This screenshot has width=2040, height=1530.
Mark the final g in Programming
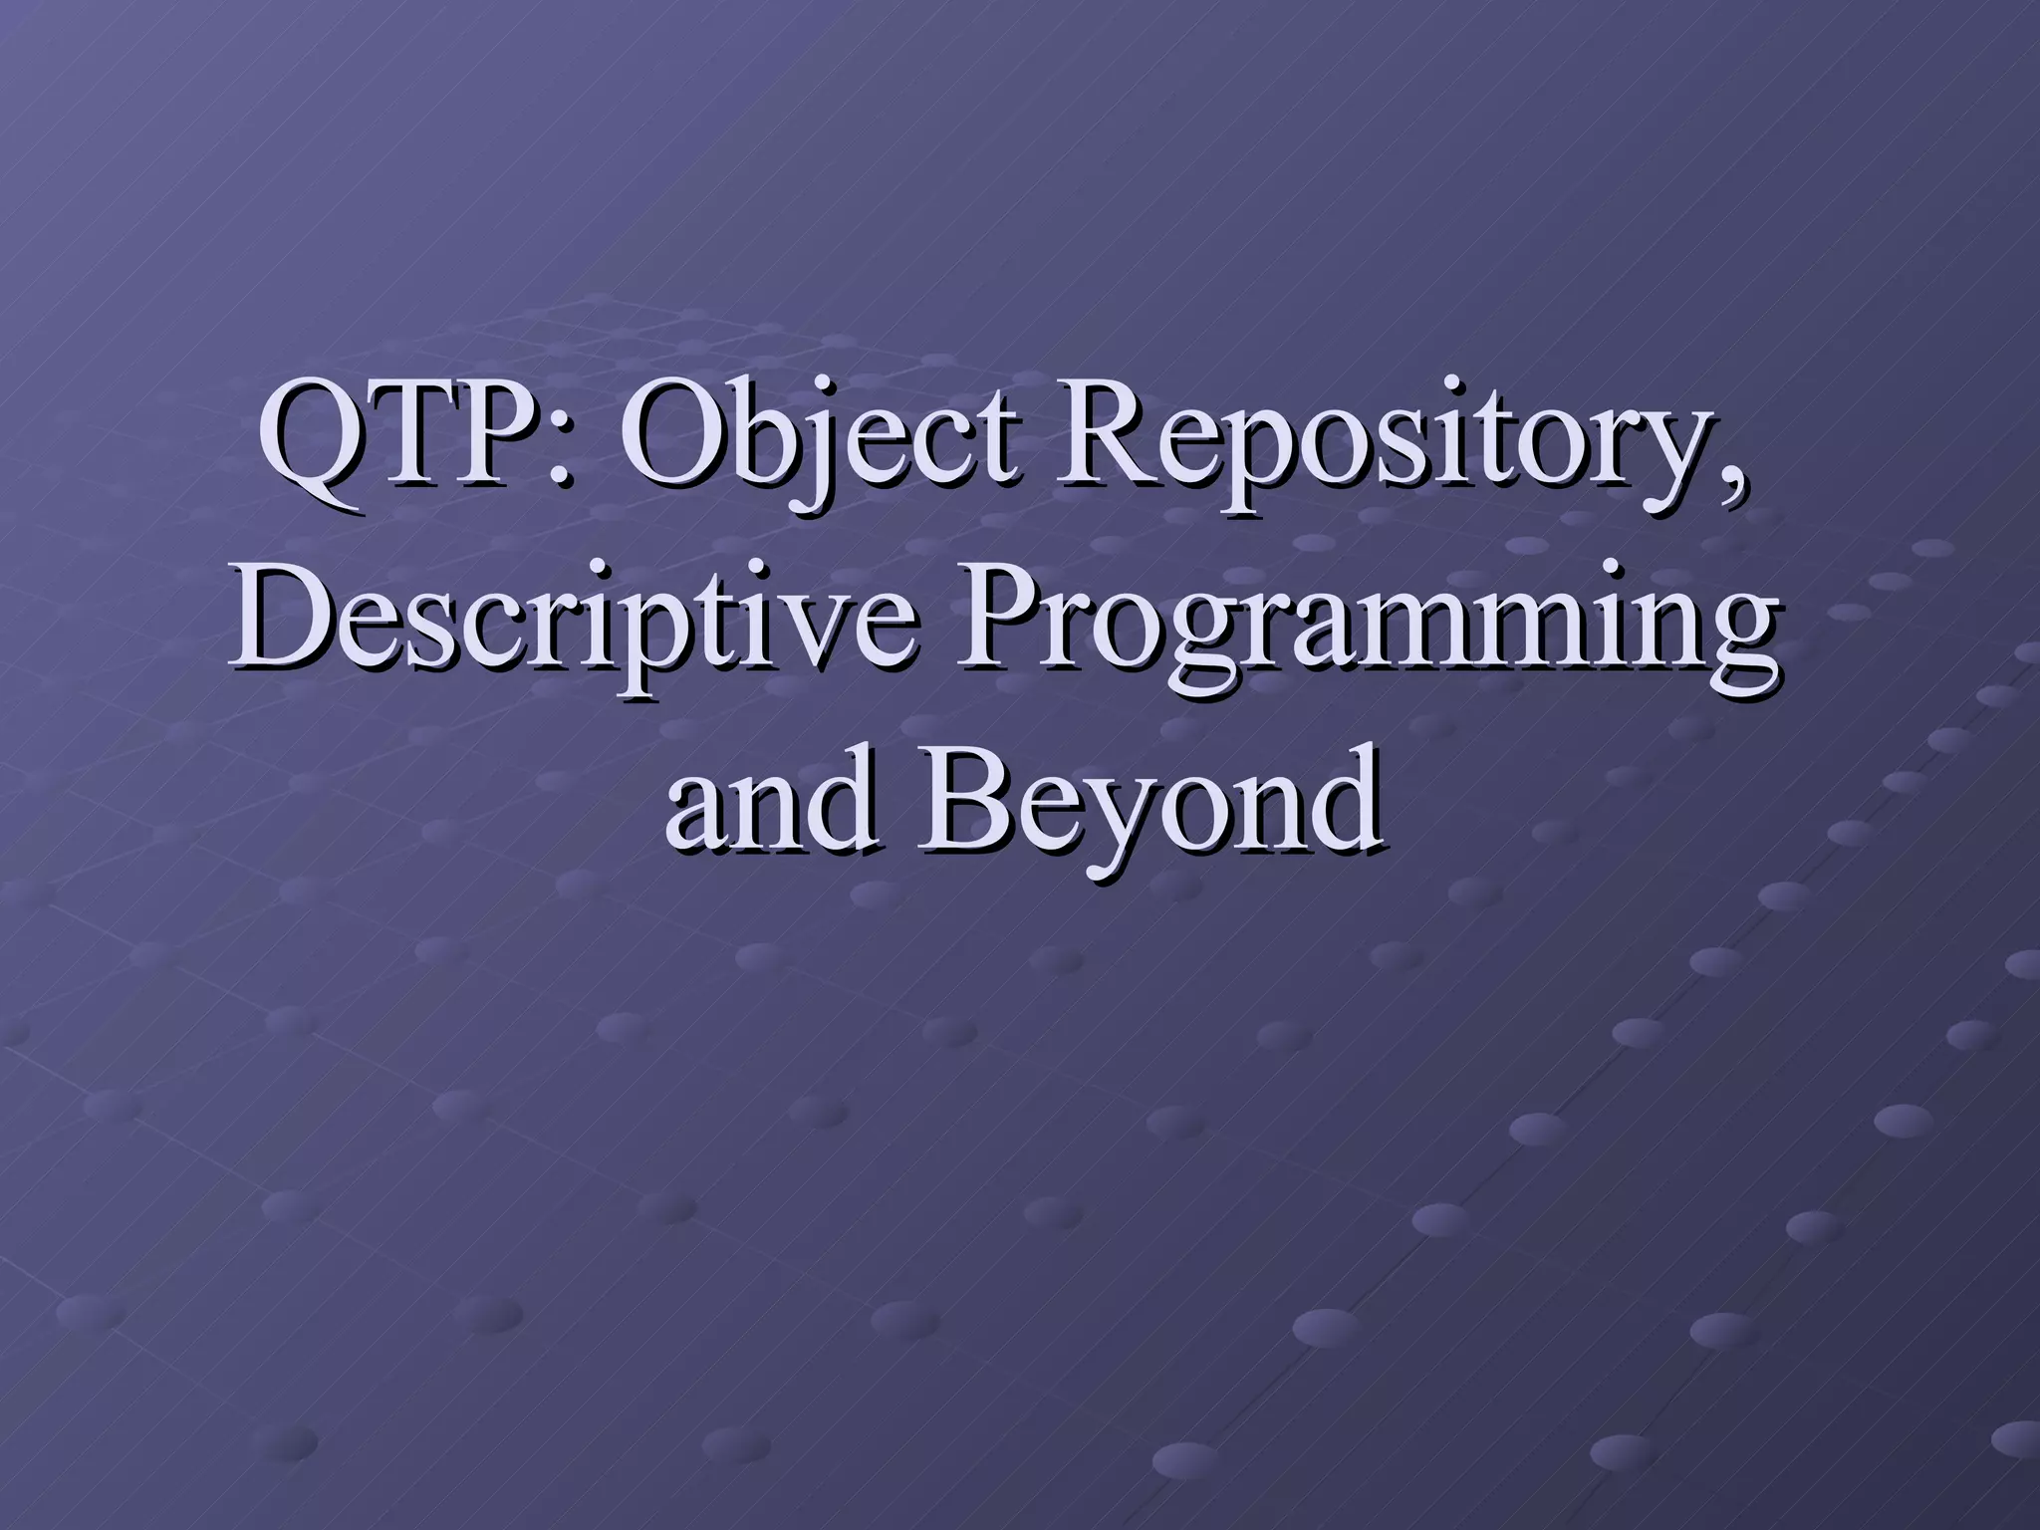(x=1737, y=647)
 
